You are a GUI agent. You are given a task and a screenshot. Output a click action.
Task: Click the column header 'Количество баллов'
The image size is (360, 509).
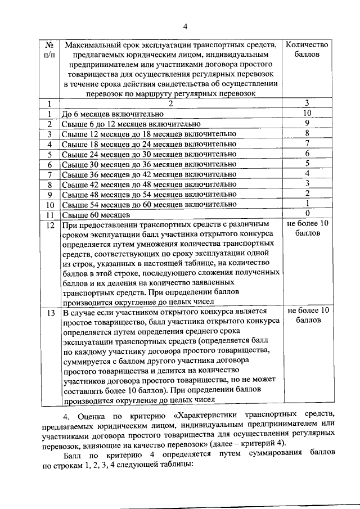tap(307, 50)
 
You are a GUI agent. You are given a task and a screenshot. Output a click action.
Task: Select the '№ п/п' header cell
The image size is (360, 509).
tap(49, 50)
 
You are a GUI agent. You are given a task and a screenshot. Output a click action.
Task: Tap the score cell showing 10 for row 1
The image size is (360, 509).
tap(307, 113)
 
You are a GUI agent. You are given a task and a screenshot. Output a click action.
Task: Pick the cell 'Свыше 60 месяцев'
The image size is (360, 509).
tap(96, 215)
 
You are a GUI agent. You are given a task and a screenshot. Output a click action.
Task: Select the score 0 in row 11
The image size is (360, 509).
tap(307, 214)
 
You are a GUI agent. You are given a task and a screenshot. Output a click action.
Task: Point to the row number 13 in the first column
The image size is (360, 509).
tap(49, 311)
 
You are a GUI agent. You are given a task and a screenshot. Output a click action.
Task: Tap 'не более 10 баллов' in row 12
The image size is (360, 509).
tap(307, 229)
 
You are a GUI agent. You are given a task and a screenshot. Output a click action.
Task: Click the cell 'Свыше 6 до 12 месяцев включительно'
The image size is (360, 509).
tap(130, 124)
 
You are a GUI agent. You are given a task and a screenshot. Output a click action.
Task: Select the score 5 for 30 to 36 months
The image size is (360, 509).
tap(307, 164)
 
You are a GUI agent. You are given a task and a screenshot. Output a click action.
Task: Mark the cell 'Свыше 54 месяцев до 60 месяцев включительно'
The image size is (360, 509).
tap(148, 205)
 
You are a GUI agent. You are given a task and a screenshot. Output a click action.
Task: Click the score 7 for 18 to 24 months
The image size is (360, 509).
tap(307, 143)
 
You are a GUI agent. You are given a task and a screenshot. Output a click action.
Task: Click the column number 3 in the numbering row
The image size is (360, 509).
tap(307, 103)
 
